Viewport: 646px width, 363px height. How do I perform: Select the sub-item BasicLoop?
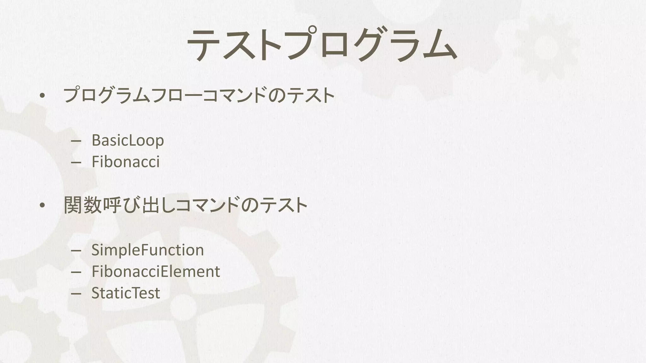[x=128, y=140]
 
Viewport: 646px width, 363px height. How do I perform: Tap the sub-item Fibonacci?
[x=126, y=162]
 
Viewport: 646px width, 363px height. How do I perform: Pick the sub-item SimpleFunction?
[x=148, y=250]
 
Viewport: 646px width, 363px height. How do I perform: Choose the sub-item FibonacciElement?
[x=156, y=272]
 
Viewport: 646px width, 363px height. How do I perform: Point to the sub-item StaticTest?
[x=126, y=293]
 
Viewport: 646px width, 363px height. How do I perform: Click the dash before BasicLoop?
[x=76, y=141]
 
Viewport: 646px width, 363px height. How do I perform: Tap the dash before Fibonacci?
[x=76, y=163]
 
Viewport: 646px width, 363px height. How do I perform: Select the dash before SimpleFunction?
[x=76, y=251]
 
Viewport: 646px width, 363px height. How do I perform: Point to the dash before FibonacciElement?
[x=76, y=272]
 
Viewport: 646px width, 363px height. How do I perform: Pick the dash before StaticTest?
[x=76, y=294]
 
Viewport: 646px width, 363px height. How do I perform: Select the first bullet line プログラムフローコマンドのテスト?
[x=199, y=95]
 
